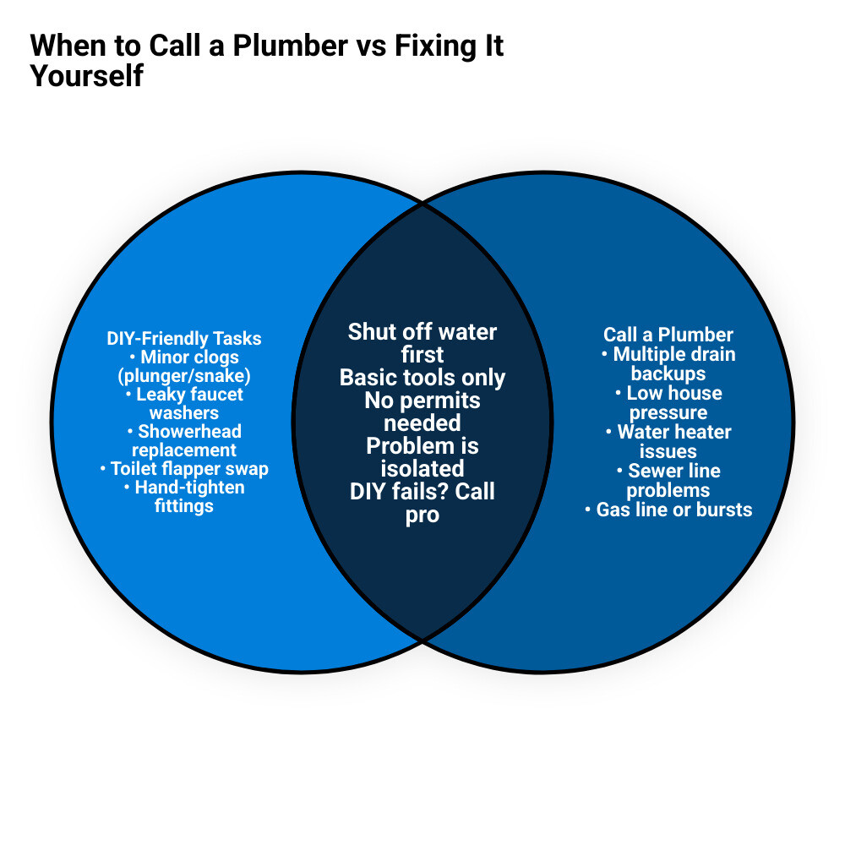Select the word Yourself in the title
click(x=87, y=76)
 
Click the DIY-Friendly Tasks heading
click(x=184, y=339)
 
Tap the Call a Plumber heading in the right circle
click(x=668, y=335)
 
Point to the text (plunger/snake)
click(x=184, y=376)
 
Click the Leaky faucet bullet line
click(x=184, y=395)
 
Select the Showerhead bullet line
click(x=184, y=432)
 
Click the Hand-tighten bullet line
click(x=184, y=488)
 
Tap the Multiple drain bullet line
click(x=668, y=354)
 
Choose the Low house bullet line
click(x=668, y=393)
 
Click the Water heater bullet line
click(x=668, y=432)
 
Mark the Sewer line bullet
click(x=668, y=471)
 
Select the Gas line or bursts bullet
click(x=668, y=510)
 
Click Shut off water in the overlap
click(x=422, y=331)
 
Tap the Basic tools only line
click(x=422, y=377)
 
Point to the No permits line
click(x=422, y=400)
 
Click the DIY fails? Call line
click(x=422, y=491)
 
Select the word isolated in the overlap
click(x=422, y=468)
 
